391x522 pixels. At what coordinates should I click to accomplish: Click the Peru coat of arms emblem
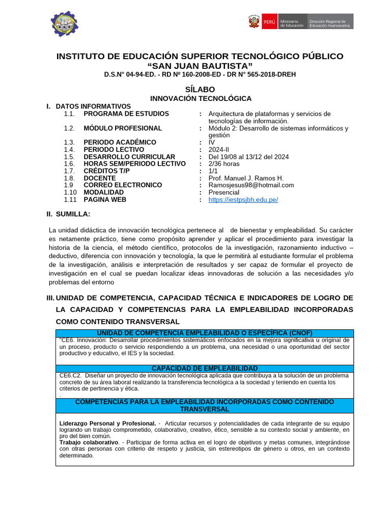pyautogui.click(x=254, y=22)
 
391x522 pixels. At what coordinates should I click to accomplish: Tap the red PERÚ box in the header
pyautogui.click(x=269, y=22)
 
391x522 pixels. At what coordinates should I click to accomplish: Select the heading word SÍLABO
pyautogui.click(x=200, y=89)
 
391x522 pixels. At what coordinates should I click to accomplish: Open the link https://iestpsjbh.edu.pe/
pyautogui.click(x=243, y=200)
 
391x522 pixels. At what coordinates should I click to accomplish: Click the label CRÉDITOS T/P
pyautogui.click(x=107, y=171)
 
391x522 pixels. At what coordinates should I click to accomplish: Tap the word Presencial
pyautogui.click(x=224, y=193)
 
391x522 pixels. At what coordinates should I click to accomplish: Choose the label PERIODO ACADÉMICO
pyautogui.click(x=120, y=142)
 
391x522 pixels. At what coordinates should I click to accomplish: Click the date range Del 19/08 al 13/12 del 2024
pyautogui.click(x=248, y=157)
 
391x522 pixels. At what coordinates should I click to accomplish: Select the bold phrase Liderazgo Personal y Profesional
pyautogui.click(x=107, y=423)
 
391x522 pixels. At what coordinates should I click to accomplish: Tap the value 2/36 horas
pyautogui.click(x=224, y=164)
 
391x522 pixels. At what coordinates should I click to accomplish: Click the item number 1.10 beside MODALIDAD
pyautogui.click(x=70, y=193)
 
